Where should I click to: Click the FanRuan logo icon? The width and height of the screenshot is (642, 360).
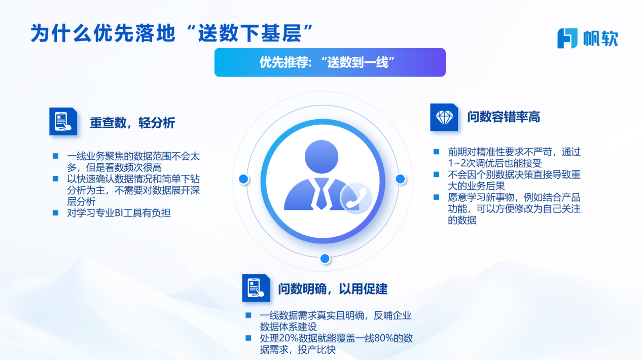tap(567, 38)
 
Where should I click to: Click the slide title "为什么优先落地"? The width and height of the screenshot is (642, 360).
tap(103, 33)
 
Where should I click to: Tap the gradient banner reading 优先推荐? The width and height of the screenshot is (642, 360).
tap(330, 62)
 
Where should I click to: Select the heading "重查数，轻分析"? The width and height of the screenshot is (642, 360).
tap(132, 123)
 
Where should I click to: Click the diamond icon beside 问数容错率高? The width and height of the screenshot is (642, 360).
tap(444, 117)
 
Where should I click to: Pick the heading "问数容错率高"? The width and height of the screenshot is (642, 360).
tap(504, 117)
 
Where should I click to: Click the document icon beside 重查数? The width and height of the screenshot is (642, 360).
tap(63, 122)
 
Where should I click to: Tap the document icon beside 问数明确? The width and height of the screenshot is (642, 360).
tap(256, 288)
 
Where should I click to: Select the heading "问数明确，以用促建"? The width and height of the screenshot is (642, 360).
tap(333, 289)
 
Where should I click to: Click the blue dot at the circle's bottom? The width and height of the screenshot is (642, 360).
tap(325, 259)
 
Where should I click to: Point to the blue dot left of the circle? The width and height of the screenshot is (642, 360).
tap(243, 179)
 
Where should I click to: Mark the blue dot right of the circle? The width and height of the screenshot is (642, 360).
tap(401, 179)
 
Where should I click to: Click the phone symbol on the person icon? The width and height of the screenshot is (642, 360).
tap(356, 198)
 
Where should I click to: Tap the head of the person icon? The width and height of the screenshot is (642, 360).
tap(322, 157)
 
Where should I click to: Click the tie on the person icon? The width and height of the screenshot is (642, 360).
tap(322, 194)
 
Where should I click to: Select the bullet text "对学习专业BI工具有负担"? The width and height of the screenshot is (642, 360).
tap(119, 213)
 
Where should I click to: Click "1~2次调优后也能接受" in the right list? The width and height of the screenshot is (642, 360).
tap(495, 163)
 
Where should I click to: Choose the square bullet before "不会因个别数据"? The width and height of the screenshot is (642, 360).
tap(436, 174)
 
